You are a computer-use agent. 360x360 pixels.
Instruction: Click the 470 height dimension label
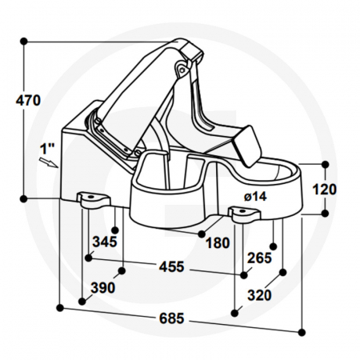click(x=27, y=101)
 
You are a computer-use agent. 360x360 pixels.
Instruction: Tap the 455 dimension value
click(x=171, y=266)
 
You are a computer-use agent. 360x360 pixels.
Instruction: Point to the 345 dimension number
click(x=105, y=241)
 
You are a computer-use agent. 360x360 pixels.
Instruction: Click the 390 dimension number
click(x=103, y=287)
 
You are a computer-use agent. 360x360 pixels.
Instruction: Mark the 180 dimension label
click(x=218, y=242)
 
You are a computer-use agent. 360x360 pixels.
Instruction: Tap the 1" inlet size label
click(x=46, y=149)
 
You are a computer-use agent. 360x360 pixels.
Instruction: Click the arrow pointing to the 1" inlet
click(x=52, y=163)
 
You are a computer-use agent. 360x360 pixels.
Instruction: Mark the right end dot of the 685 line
click(x=302, y=330)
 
